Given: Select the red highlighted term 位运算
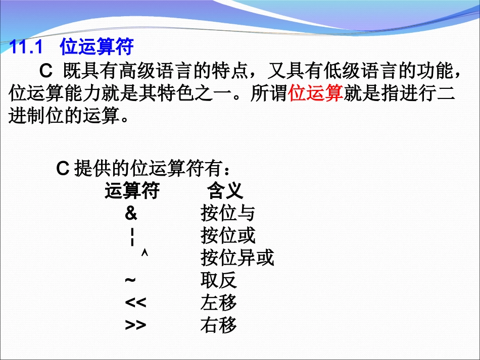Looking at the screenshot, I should coord(315,93).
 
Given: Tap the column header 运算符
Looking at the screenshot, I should coord(132,191).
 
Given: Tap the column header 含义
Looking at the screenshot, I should coord(225,191).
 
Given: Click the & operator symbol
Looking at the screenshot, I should coord(131,214).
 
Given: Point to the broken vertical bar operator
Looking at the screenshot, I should coord(132,236).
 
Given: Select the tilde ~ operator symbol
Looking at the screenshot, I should coord(130,280).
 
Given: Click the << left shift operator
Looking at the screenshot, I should coord(135,302).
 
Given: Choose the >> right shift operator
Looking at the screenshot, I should coord(135,325).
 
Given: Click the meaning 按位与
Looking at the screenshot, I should coord(227,214).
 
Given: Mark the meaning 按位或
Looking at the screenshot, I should coord(227,236).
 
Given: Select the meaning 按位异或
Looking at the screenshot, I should coord(237,258).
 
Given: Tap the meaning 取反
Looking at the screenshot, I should coord(218,280).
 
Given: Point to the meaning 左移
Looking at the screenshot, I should coord(218,302).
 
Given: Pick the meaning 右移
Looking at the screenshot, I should coord(218,325).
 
